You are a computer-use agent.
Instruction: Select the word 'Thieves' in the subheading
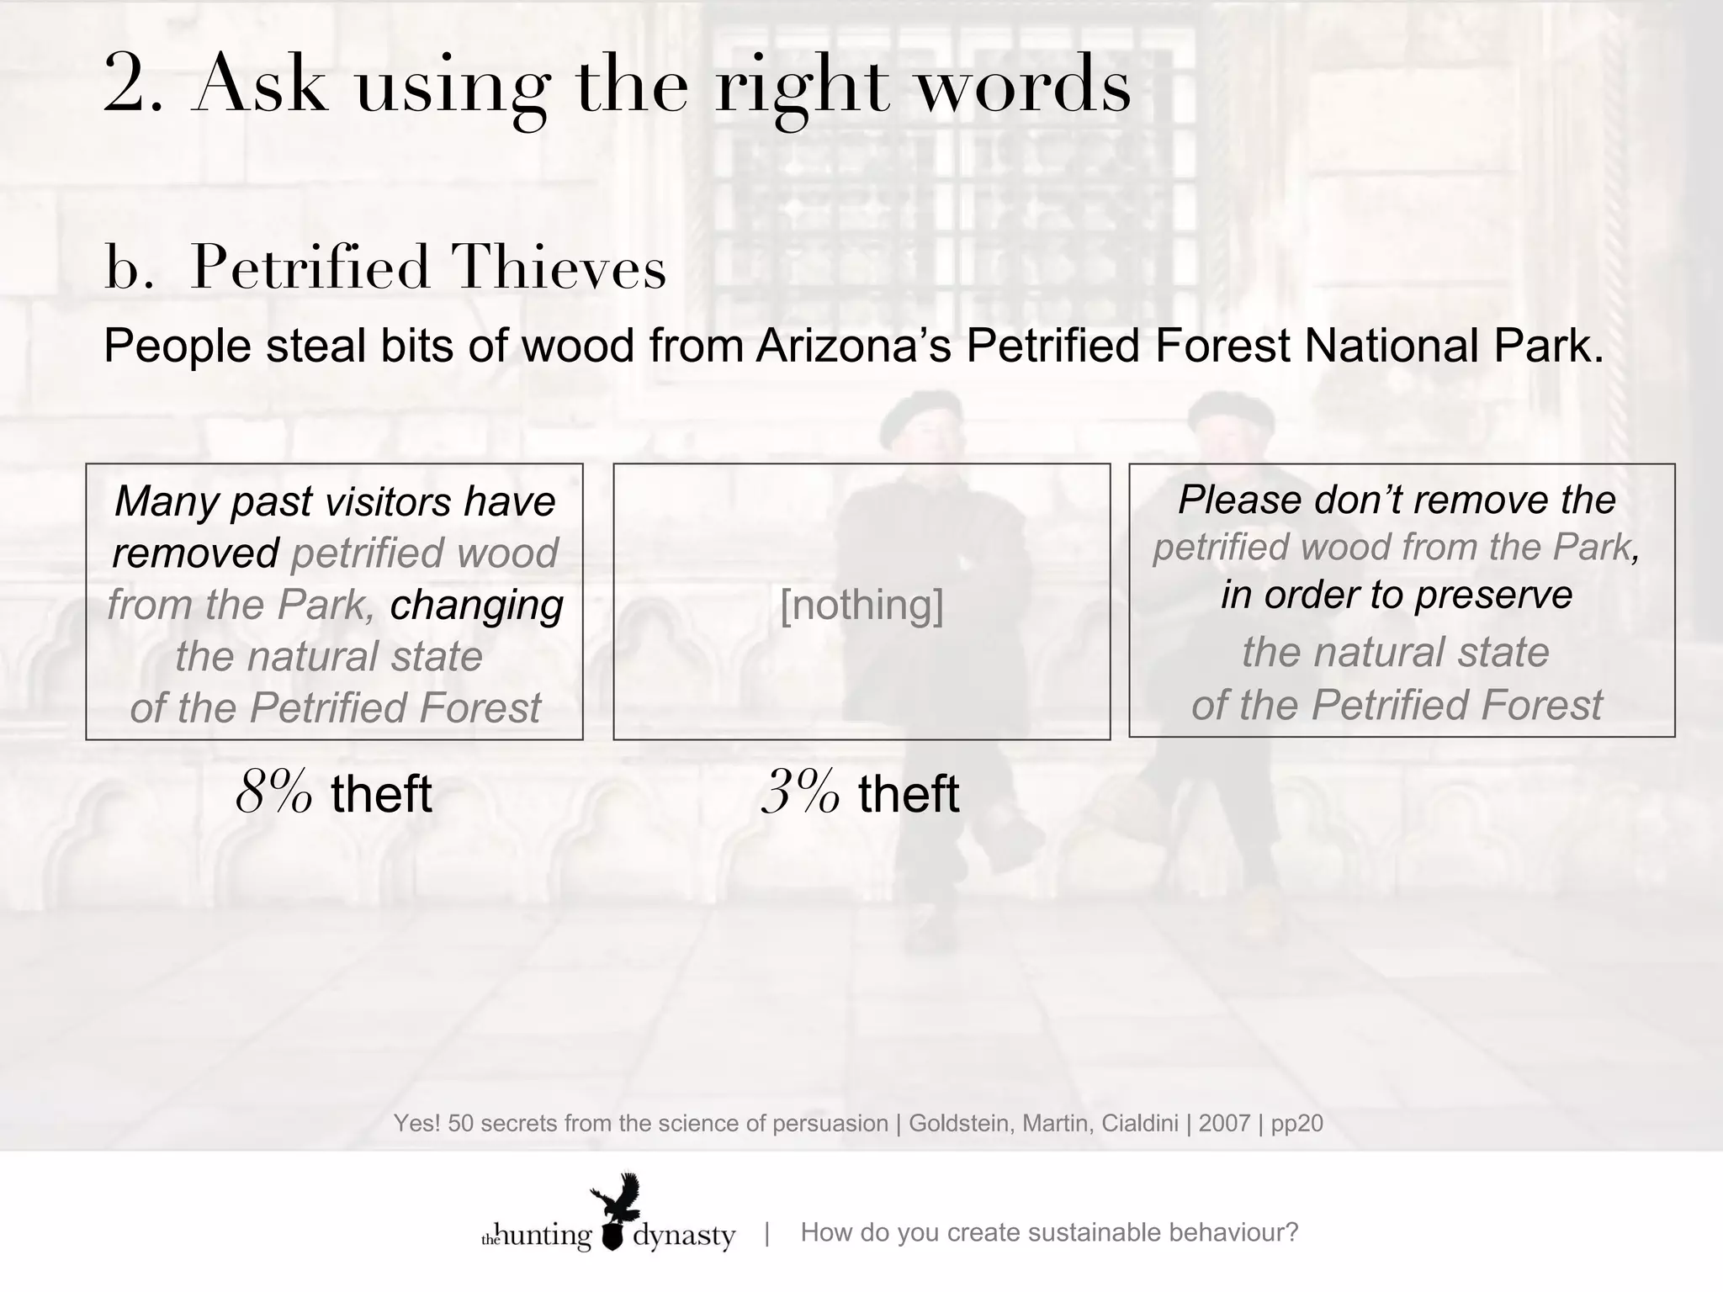tap(559, 268)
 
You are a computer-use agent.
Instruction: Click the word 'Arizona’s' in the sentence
tap(853, 347)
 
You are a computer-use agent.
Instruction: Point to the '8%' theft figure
tap(274, 792)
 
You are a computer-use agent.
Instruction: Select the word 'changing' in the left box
tap(476, 604)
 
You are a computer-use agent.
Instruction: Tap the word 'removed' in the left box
tap(195, 553)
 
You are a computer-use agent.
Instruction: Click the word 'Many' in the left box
tap(166, 501)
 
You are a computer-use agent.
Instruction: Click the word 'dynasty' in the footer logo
tap(683, 1236)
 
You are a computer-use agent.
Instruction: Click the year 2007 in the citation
tap(1224, 1123)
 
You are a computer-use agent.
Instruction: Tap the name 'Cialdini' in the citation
tap(1140, 1123)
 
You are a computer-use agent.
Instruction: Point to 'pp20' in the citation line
tap(1296, 1123)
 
